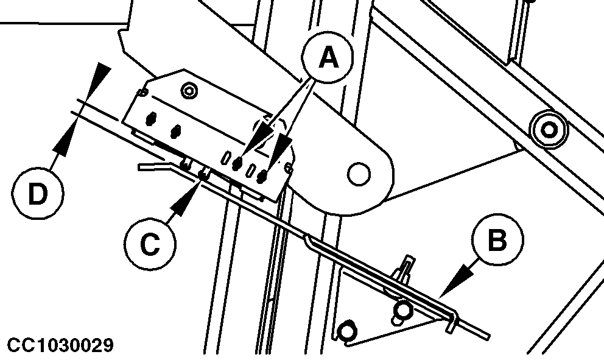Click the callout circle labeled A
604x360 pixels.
(x=328, y=58)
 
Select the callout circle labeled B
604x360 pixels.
(x=497, y=240)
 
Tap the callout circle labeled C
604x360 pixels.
(x=150, y=244)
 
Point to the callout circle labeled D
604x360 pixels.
(x=38, y=194)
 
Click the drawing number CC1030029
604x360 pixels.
(x=60, y=345)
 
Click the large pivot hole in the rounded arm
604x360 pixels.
(x=359, y=174)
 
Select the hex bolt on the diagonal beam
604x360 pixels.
(x=549, y=130)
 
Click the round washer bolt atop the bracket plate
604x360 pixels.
(x=189, y=91)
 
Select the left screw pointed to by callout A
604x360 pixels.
(x=237, y=163)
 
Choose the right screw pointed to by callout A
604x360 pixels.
(x=262, y=176)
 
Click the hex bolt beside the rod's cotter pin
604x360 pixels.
(x=402, y=309)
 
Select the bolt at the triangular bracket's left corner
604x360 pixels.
(x=346, y=331)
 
